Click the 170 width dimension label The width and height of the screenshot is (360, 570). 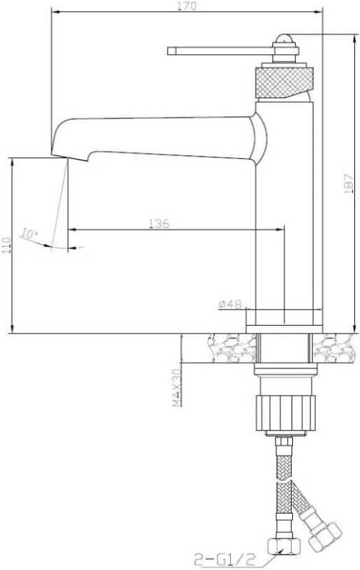coord(187,6)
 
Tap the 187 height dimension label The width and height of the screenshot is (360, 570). coord(349,183)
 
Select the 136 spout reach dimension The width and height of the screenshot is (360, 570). coord(159,223)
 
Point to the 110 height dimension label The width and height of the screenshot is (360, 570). coord(7,246)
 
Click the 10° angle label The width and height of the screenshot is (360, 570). coord(29,234)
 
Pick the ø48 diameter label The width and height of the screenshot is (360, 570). coord(230,304)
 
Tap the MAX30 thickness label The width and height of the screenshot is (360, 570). coord(177,388)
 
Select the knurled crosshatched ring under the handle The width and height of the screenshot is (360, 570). coord(284,82)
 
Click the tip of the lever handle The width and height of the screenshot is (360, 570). coord(168,51)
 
